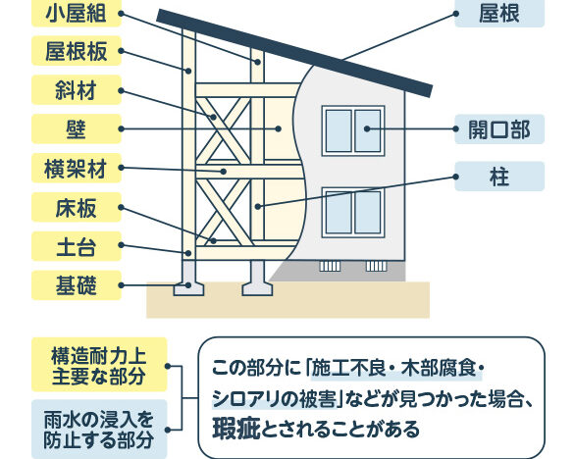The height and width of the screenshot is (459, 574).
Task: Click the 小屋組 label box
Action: point(77,14)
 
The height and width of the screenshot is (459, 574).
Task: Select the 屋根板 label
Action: point(77,51)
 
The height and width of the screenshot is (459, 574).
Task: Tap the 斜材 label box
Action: point(77,90)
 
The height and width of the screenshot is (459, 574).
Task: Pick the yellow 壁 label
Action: point(77,128)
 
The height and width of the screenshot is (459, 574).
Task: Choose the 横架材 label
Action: point(77,168)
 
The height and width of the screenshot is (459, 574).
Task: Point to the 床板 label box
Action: point(77,207)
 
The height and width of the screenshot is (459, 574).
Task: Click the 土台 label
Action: point(77,246)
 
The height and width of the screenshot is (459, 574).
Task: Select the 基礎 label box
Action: point(77,285)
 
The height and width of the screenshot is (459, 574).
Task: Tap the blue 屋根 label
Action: point(499,14)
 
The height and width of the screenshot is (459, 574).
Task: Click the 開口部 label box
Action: point(499,129)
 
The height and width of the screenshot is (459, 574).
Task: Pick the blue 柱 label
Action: point(499,177)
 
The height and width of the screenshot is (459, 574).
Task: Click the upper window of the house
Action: point(353,130)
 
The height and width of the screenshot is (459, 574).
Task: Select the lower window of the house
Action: point(353,212)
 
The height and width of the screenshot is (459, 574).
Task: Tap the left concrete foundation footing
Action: point(188,279)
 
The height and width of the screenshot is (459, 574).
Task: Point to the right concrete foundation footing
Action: point(257,279)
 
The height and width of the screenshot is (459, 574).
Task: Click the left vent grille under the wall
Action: point(330,266)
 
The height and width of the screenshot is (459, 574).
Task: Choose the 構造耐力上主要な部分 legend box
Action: point(99,365)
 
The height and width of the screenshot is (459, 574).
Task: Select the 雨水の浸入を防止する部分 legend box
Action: point(99,429)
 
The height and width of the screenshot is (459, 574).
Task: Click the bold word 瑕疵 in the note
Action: point(235,428)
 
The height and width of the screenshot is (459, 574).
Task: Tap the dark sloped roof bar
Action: point(294,53)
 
